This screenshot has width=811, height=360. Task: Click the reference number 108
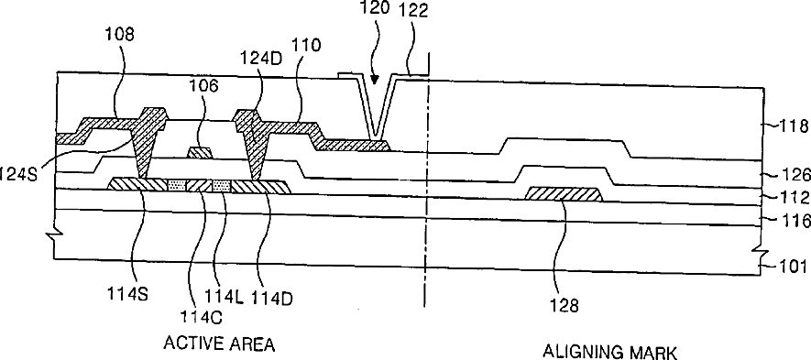click(119, 35)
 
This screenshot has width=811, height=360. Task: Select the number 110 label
click(306, 45)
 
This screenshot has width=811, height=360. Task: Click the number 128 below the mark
click(564, 306)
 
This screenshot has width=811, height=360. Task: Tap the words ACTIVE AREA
click(219, 344)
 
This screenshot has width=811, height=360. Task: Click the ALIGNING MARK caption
click(609, 353)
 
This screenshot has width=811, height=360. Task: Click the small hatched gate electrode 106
click(200, 153)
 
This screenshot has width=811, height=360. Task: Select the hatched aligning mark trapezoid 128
click(564, 195)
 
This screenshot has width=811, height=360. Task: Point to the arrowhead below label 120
click(375, 81)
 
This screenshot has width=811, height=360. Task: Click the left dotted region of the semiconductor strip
click(177, 184)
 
